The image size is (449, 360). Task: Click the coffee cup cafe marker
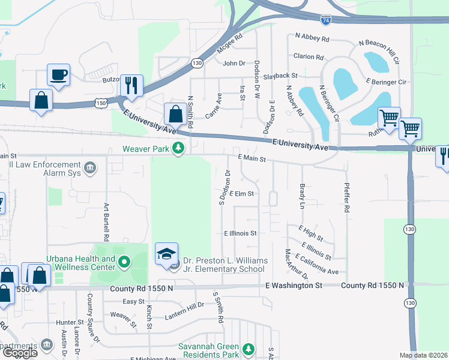click(59, 76)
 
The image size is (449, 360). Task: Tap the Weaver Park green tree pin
click(178, 148)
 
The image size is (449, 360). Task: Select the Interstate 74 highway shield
click(342, 20)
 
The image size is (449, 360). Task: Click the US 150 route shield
click(100, 104)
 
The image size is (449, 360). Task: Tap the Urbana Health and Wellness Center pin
click(124, 262)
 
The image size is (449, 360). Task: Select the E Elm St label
click(242, 194)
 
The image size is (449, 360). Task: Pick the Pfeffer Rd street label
click(346, 198)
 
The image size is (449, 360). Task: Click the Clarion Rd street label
click(309, 57)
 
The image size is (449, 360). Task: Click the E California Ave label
click(317, 263)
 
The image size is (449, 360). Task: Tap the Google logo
click(20, 353)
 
